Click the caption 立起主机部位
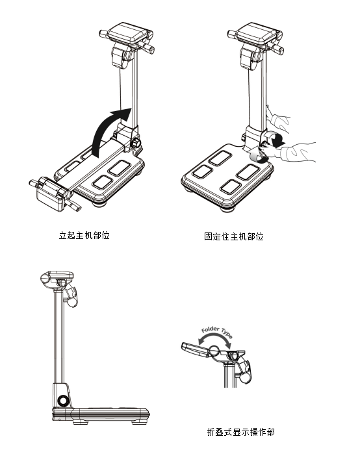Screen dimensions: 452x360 click(84, 235)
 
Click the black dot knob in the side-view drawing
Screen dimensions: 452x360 click(62, 400)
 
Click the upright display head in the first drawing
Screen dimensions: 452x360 click(127, 36)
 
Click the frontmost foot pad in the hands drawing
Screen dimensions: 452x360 click(232, 187)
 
